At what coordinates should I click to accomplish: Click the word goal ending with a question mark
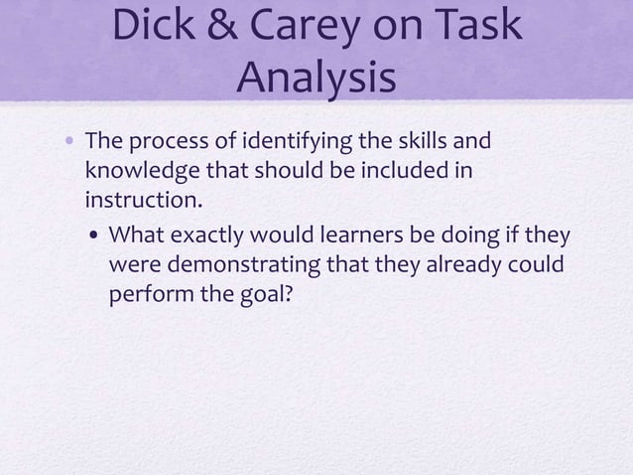point(261,298)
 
